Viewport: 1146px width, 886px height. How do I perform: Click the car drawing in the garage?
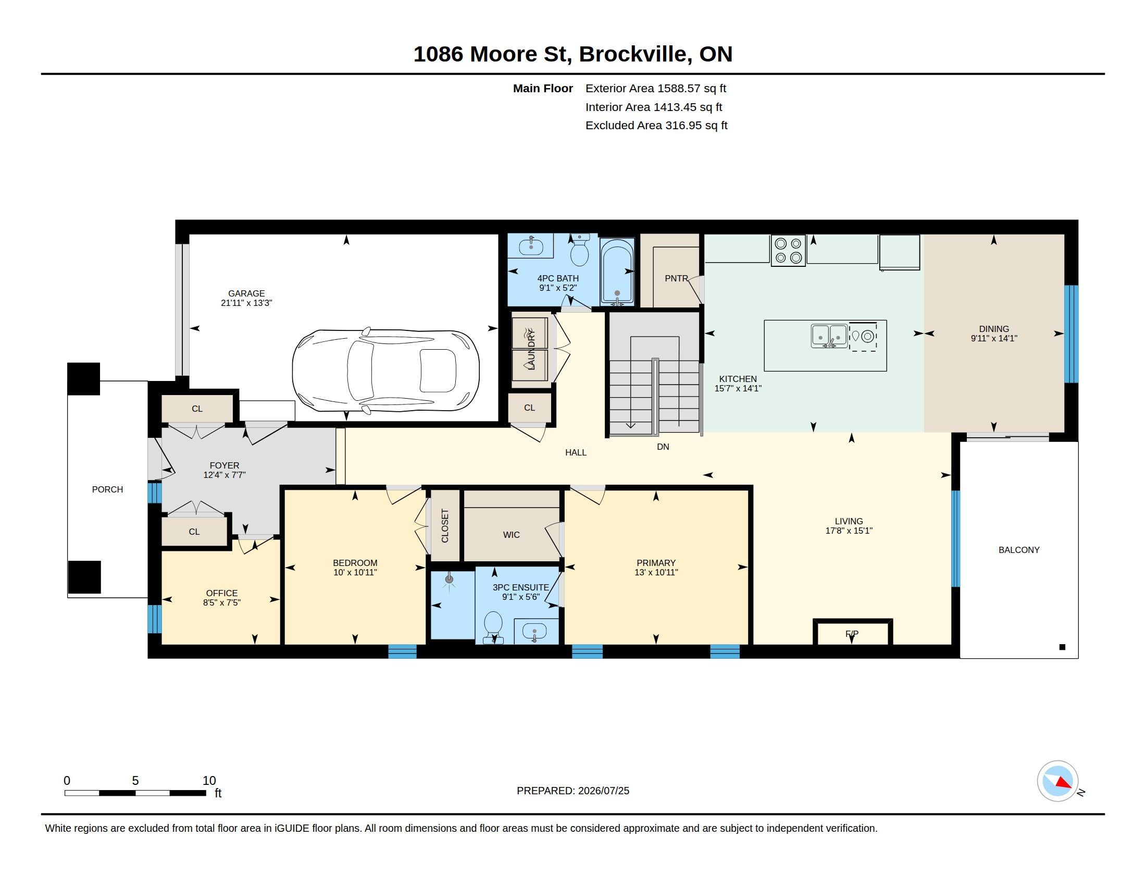385,371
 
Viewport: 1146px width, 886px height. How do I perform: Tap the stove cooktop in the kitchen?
788,250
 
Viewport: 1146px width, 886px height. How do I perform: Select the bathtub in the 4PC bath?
617,273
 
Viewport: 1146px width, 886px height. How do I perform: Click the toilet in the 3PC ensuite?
493,626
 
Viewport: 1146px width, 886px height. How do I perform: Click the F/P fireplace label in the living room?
852,634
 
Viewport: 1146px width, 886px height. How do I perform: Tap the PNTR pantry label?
676,279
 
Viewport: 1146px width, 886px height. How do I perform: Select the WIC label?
511,535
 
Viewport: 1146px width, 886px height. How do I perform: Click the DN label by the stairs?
663,447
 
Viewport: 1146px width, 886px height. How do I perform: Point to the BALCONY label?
1018,550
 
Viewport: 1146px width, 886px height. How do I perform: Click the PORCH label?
108,490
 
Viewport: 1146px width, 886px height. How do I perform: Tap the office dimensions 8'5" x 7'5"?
221,602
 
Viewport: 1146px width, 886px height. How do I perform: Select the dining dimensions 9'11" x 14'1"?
994,339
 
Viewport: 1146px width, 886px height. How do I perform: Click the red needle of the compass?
1063,783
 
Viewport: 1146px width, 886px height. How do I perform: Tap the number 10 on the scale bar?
209,781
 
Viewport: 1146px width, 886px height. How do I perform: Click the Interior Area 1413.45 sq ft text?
653,107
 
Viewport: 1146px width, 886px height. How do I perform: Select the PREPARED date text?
572,791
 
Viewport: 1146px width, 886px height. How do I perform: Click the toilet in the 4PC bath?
579,250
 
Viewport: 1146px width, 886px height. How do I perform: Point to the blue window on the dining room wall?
1071,334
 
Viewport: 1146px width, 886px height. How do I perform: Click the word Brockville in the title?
634,54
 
